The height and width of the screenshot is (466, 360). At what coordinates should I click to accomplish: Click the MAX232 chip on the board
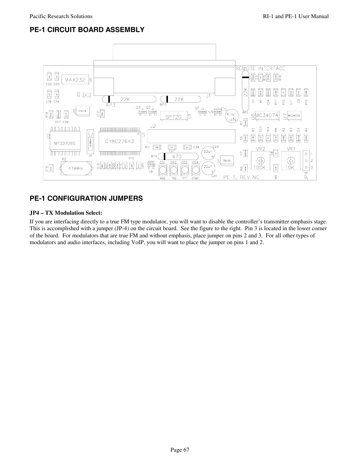click(x=75, y=80)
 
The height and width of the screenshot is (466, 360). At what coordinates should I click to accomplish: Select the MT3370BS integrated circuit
click(x=65, y=143)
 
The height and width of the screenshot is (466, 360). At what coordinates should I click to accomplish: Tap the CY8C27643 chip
click(x=119, y=142)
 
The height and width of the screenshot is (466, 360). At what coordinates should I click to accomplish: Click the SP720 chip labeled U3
click(x=173, y=117)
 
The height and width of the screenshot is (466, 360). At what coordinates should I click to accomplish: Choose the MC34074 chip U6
click(x=266, y=115)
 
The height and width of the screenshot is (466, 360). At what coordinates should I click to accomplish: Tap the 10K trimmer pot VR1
click(x=290, y=160)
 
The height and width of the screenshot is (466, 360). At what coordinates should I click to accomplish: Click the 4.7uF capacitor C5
click(x=231, y=116)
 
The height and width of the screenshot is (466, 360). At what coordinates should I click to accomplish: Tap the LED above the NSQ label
click(x=163, y=171)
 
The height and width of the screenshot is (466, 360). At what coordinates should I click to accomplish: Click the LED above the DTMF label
click(x=195, y=171)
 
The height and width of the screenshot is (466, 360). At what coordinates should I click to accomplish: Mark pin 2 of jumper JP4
click(x=307, y=160)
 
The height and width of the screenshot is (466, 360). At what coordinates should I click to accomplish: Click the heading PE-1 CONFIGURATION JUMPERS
click(x=86, y=198)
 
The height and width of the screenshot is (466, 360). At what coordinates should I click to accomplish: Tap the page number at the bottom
click(x=180, y=450)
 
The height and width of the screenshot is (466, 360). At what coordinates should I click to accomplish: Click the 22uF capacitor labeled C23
click(x=207, y=152)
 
